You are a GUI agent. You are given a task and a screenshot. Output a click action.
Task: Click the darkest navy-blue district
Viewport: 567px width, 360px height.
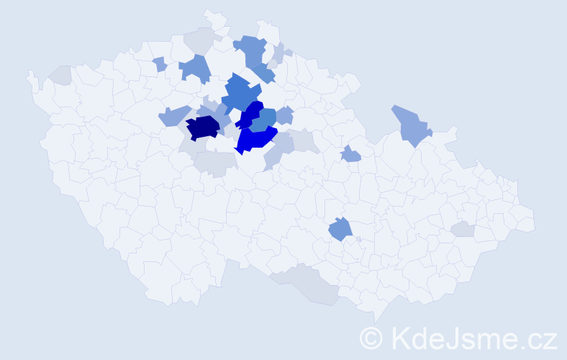(203, 127)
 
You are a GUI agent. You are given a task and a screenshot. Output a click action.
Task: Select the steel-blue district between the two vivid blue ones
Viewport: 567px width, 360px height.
(265, 118)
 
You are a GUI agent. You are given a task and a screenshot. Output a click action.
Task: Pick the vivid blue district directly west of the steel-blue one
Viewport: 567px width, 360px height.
(251, 114)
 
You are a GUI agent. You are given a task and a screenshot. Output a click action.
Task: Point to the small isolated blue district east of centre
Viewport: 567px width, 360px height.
(350, 153)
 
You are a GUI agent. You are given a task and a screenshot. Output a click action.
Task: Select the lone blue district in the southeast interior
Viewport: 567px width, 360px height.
(340, 230)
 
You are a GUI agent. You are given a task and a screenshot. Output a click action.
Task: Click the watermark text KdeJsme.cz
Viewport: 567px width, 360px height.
(473, 338)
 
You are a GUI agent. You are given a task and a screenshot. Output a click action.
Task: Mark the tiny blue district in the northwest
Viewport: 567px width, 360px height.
(160, 64)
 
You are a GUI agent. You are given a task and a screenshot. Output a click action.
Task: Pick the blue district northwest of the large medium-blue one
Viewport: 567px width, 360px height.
(195, 68)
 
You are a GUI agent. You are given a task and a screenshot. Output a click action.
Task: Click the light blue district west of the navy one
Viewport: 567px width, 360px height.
(173, 115)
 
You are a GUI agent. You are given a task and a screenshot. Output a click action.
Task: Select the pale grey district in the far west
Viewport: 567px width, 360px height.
(61, 74)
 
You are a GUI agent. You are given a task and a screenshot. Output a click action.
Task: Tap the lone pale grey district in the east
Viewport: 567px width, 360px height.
(463, 229)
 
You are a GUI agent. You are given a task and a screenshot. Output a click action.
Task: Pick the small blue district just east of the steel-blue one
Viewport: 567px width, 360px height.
(285, 114)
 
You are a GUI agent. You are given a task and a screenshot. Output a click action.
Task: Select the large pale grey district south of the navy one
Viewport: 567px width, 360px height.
(214, 163)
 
